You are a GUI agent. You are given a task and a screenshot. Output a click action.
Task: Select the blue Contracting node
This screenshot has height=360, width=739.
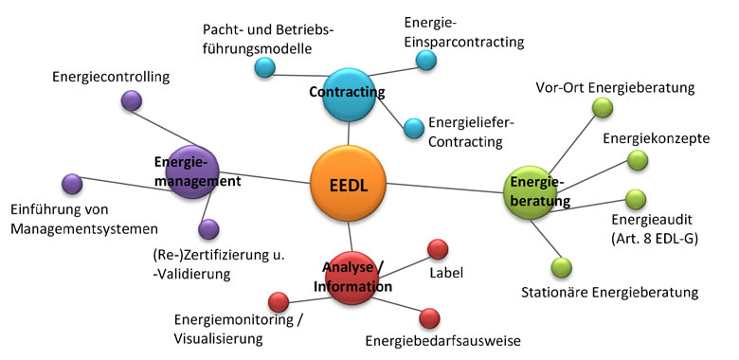coord(350,92)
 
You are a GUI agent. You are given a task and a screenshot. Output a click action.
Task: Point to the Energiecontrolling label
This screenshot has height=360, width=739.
coord(111,76)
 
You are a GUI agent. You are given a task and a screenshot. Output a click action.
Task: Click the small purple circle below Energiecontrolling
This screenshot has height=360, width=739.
coord(132,100)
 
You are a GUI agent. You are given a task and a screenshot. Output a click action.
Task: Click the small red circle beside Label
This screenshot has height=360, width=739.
coord(438,248)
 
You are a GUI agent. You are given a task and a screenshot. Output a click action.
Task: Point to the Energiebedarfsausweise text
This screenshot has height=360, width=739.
coord(442,340)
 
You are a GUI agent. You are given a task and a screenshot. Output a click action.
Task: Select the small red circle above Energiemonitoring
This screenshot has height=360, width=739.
coord(279,302)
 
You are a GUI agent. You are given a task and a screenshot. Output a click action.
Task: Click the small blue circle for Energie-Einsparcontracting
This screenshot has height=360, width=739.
coord(426,60)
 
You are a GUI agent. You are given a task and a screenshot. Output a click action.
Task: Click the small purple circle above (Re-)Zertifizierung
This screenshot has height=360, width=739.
coord(208,228)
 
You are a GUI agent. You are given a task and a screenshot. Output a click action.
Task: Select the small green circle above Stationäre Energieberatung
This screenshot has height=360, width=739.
coord(562,267)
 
